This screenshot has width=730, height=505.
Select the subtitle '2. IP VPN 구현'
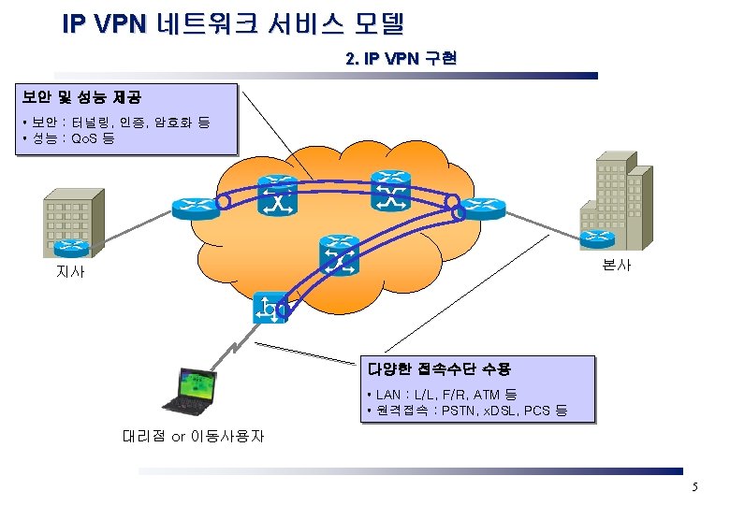coord(401,59)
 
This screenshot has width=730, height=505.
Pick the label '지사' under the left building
coord(70,272)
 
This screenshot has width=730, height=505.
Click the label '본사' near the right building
coord(617,265)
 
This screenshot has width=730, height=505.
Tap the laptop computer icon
coord(191,391)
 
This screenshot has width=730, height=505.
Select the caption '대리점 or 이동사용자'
coord(194,436)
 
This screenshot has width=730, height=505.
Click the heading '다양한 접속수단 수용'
coord(439,369)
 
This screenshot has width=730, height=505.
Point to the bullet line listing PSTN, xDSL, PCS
coord(468,411)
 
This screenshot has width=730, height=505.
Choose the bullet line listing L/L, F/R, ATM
coord(443,395)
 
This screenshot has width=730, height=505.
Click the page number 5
coord(694,487)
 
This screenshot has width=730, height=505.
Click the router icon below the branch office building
coord(72,248)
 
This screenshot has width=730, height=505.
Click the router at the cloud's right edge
coord(486,208)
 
